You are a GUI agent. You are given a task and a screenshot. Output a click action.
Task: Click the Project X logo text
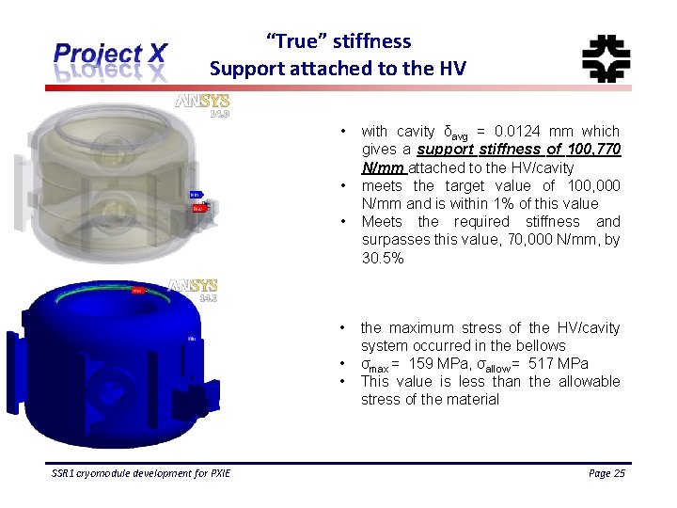[111, 54]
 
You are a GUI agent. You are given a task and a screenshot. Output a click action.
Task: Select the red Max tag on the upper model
[198, 208]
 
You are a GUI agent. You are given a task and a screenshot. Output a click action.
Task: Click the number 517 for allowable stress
[543, 364]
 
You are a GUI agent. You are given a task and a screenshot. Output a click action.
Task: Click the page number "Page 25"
[606, 473]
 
